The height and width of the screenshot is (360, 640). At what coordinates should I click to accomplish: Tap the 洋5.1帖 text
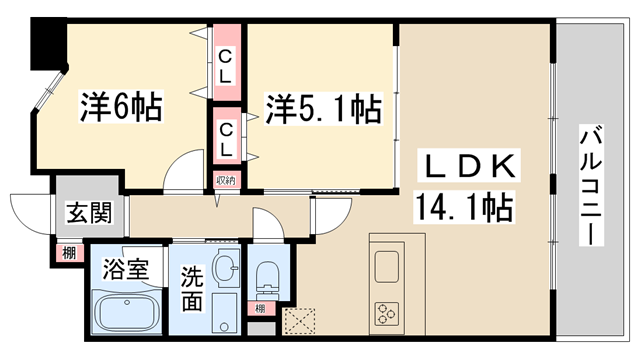[323, 108]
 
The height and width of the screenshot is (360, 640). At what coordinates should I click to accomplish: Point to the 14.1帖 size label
[464, 207]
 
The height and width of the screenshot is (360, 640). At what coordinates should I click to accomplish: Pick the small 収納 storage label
[225, 181]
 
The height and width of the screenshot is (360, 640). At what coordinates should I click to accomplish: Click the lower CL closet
[225, 137]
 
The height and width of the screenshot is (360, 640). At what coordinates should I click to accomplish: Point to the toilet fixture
[267, 275]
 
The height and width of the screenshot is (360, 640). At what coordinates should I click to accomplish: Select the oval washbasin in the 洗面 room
[226, 268]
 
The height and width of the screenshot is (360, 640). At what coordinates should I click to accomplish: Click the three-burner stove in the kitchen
[385, 312]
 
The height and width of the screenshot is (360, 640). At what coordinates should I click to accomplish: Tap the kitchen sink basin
[385, 267]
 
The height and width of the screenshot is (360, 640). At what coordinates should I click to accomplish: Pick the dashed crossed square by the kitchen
[298, 321]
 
